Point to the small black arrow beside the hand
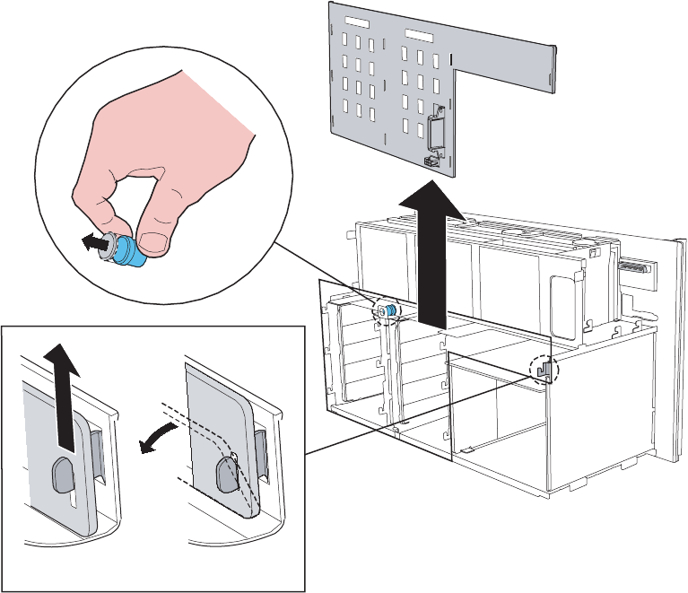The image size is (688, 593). coord(89,242)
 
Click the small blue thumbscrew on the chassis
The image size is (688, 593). coord(389,309)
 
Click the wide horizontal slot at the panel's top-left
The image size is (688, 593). coord(358,21)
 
